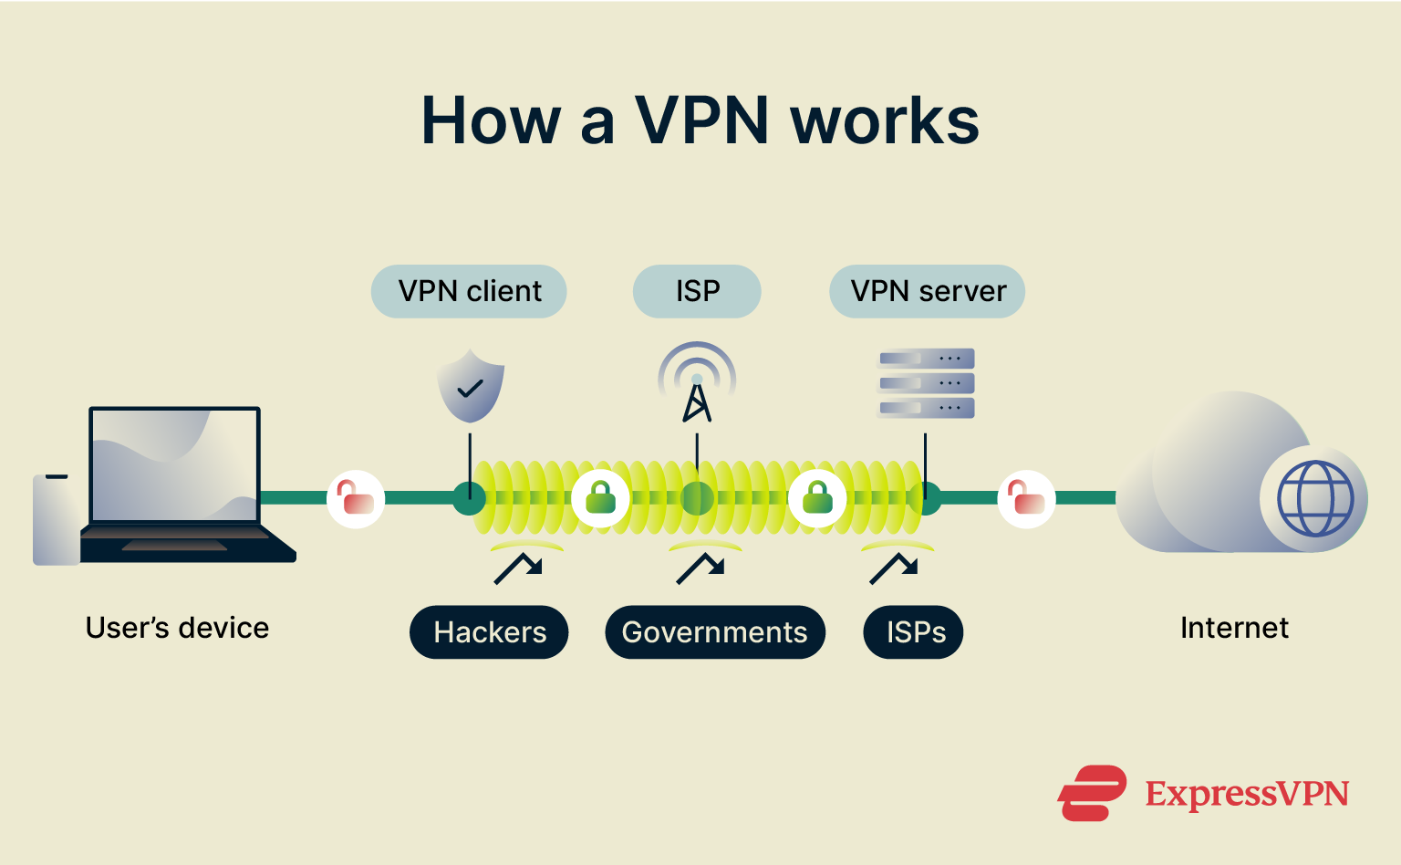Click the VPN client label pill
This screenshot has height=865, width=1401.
pos(469,291)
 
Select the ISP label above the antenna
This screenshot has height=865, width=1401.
pos(697,291)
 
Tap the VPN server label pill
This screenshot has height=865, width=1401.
pos(927,291)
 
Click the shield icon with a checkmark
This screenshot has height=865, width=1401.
pos(470,386)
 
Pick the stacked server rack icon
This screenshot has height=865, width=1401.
pos(926,383)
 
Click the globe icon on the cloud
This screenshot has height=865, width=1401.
pos(1314,498)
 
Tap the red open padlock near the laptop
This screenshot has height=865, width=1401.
pos(356,498)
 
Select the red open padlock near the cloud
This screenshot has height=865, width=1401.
pos(1026,498)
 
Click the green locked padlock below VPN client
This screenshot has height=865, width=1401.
pos(600,498)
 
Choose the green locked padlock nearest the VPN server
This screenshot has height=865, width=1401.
pos(817,498)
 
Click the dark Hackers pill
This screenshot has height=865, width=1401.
pos(489,632)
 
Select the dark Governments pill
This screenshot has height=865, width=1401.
pos(714,632)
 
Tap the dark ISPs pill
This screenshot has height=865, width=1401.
pos(914,632)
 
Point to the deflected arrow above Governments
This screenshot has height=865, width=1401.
pos(700,568)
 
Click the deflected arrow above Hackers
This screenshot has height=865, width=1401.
pos(518,568)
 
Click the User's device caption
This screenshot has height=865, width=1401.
pos(177,628)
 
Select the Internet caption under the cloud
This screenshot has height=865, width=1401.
pos(1233,628)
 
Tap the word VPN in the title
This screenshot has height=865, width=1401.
pos(702,120)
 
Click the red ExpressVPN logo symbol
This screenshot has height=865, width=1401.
pos(1092,793)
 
